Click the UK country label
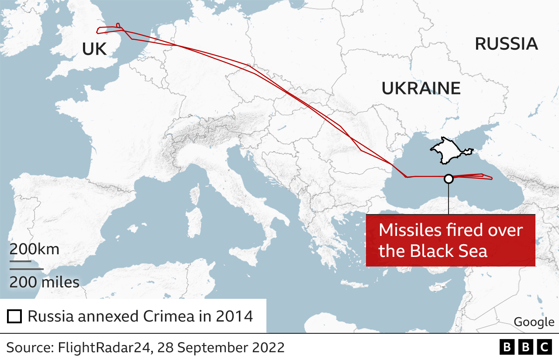pos(94,49)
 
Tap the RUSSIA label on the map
pos(506,44)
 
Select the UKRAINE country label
pos(421,88)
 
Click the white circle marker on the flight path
pos(449,179)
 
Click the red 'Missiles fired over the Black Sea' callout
pos(450,240)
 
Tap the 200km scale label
pos(35,249)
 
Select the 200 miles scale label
pos(45,282)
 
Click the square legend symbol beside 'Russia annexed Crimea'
pos(14,316)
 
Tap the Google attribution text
pos(534,322)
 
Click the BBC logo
pos(526,347)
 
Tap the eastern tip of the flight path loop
pos(492,178)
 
